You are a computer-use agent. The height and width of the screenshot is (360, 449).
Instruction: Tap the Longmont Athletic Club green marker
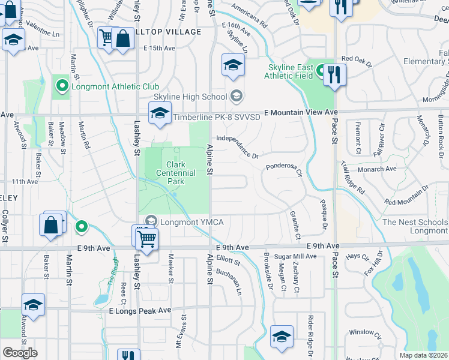(61, 86)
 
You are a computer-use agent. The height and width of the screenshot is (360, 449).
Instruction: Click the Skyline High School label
(190, 97)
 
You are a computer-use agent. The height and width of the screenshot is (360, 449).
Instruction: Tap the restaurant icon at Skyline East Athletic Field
(334, 75)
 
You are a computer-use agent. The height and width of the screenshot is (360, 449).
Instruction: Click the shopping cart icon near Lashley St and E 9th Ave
(146, 239)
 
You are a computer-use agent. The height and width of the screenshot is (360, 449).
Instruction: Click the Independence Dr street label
(237, 147)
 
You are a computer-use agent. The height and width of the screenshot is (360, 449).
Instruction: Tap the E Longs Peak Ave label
(140, 310)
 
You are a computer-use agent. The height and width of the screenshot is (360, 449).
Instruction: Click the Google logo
(20, 353)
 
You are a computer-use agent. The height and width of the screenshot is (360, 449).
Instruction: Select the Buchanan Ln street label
(229, 281)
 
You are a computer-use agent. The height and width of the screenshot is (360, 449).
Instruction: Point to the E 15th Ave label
(155, 48)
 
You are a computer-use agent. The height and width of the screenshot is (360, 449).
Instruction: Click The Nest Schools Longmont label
(415, 226)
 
